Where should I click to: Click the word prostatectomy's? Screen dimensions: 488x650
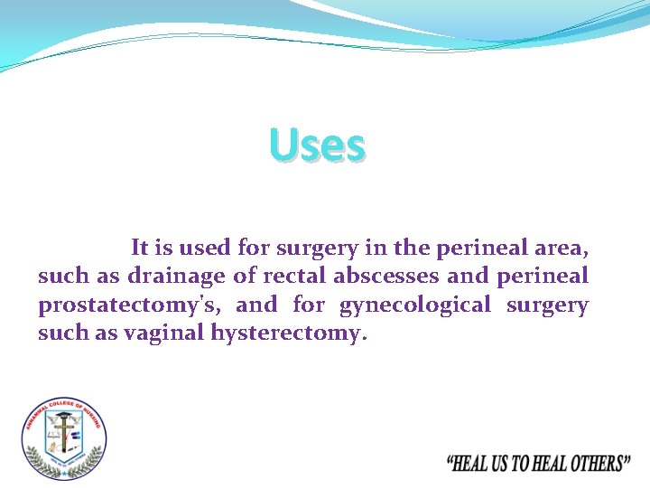point(129,305)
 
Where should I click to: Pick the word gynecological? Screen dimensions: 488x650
point(415,305)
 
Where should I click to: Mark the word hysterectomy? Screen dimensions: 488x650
point(289,333)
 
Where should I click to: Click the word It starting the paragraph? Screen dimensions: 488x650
point(140,247)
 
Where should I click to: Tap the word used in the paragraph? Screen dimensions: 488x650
point(206,247)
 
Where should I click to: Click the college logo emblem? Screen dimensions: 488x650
point(63,438)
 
